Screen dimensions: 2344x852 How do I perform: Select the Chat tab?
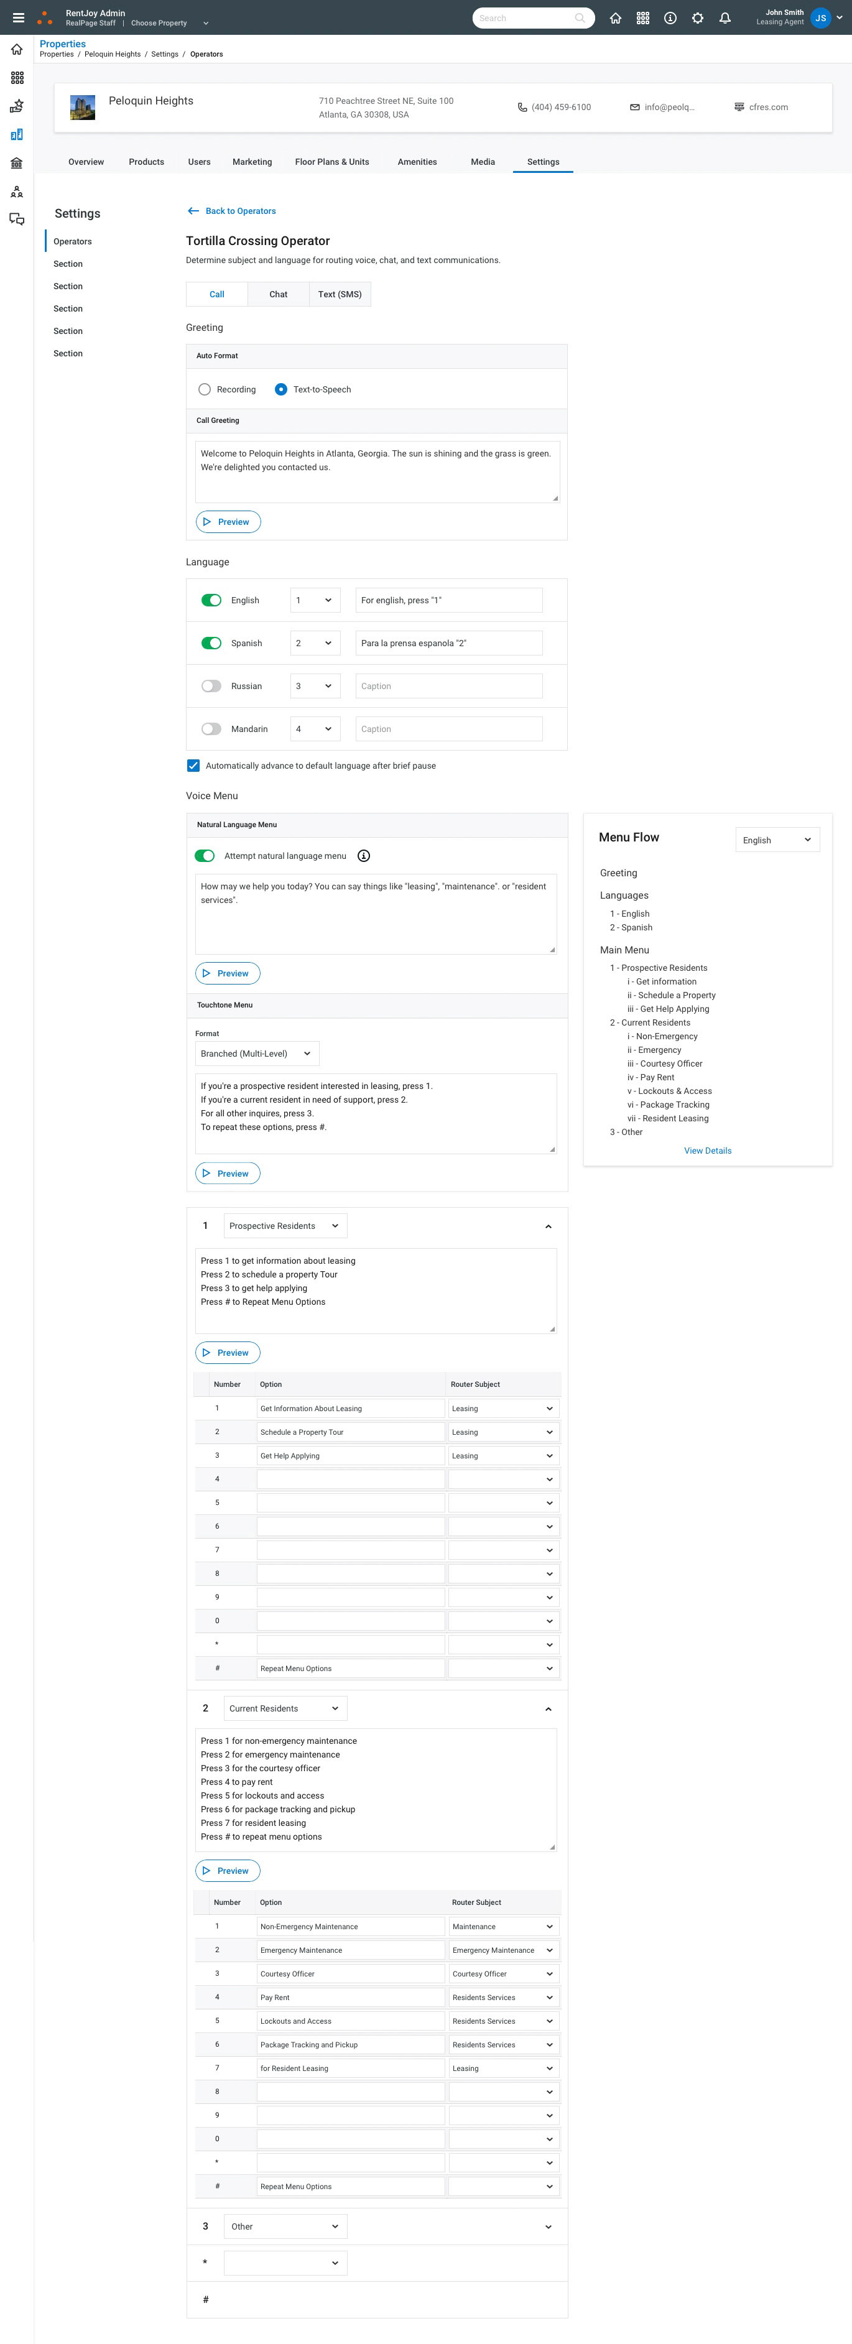[279, 294]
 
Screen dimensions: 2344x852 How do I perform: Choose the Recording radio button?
[205, 389]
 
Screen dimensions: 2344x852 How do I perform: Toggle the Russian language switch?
[211, 686]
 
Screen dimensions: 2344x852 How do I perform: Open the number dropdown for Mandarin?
[315, 729]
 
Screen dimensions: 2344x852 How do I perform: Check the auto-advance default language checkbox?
[193, 765]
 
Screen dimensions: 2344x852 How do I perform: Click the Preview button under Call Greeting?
[228, 521]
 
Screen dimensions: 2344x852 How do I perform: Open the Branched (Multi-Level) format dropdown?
[257, 1054]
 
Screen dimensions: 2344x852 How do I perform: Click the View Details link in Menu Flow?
[707, 1151]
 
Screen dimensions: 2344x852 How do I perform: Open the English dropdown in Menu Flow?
[777, 840]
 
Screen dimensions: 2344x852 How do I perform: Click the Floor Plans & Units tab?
[331, 162]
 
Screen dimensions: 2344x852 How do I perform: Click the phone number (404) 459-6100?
[561, 108]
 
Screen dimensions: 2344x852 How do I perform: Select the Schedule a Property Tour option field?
[351, 1432]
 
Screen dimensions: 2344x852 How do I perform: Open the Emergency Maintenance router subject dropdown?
[502, 1950]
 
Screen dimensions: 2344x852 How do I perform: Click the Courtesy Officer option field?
[351, 1974]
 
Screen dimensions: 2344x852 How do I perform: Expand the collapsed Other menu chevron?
[548, 2226]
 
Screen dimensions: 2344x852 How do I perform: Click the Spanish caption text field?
[449, 643]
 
